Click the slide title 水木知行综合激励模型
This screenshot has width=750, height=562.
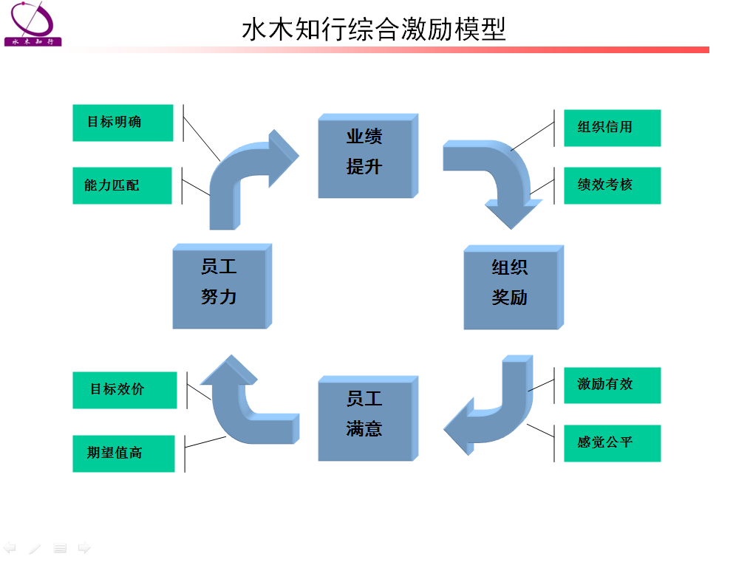(374, 29)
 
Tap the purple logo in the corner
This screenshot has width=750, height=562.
(33, 24)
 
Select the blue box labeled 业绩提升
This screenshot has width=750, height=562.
(368, 156)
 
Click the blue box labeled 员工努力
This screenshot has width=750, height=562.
(222, 287)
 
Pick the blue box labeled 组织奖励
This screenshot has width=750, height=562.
(514, 287)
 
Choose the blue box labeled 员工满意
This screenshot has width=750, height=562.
(368, 419)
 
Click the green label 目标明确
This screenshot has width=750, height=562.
(123, 123)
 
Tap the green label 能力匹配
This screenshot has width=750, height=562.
(122, 185)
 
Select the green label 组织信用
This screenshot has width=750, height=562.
(613, 128)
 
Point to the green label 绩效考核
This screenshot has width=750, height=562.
(613, 185)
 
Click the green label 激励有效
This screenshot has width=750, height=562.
(613, 385)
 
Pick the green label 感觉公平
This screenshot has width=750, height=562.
(613, 444)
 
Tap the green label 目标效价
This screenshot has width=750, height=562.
(124, 390)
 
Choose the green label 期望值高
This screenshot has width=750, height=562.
(123, 453)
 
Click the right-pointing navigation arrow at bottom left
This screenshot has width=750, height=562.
(84, 548)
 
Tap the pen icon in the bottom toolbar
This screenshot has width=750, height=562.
(35, 549)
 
